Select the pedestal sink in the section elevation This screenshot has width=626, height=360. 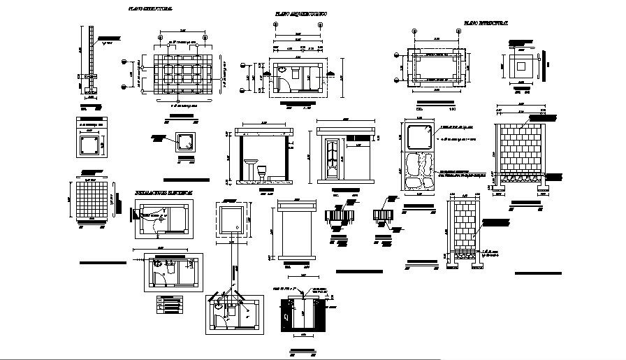249,168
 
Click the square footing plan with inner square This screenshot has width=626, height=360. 521,69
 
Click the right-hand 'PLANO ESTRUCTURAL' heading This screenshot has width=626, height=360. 486,24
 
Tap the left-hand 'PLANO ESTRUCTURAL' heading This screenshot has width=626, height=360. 150,8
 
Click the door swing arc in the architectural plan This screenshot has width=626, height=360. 282,82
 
